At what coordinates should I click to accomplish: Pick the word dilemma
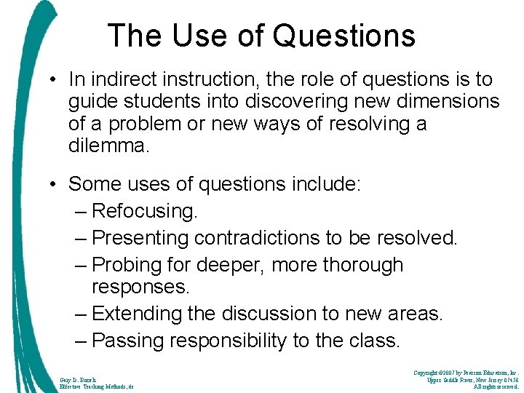point(108,146)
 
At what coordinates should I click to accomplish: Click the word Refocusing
point(145,212)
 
